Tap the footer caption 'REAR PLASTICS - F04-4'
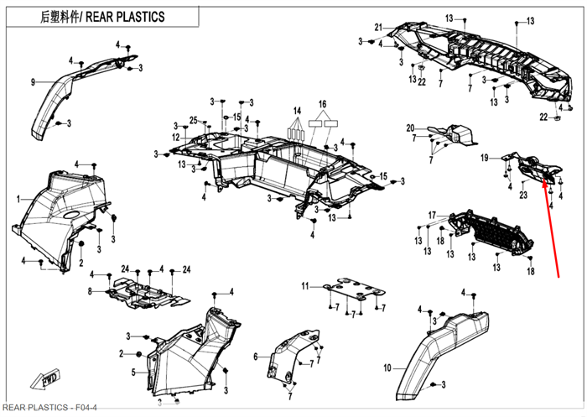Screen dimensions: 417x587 click(x=49, y=408)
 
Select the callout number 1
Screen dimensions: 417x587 click(x=18, y=199)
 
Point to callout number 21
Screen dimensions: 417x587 click(x=377, y=27)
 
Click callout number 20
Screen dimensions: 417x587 click(x=410, y=128)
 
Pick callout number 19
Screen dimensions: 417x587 click(x=484, y=158)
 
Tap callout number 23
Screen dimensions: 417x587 click(x=522, y=195)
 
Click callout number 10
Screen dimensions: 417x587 click(x=387, y=367)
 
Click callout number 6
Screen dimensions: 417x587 click(x=255, y=356)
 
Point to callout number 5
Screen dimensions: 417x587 click(x=133, y=372)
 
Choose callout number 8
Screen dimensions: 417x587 click(x=90, y=291)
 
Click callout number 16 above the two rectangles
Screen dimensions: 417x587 click(x=321, y=105)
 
